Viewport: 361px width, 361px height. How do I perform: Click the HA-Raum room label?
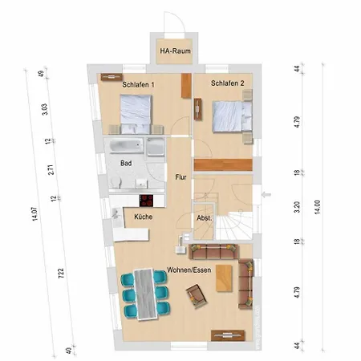coord(176,51)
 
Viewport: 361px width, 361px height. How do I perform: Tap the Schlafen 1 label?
coord(138,85)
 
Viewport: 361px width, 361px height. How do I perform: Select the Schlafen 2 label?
coord(228,83)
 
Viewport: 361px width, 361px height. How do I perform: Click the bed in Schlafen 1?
coord(136,114)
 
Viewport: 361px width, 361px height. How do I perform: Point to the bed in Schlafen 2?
coord(232,116)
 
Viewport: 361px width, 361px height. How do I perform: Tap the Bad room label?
coord(126,163)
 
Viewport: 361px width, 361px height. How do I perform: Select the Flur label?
coord(180,177)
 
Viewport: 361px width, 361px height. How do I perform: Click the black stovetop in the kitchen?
coord(146,201)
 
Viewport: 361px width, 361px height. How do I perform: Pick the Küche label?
coord(144,217)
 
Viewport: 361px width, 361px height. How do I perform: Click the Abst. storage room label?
coord(205,218)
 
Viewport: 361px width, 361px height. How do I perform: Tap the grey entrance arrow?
coord(266,195)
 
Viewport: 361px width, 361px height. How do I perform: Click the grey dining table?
coord(146,294)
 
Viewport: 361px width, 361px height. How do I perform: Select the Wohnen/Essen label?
coord(189,270)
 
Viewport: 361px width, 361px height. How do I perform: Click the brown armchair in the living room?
coord(197,296)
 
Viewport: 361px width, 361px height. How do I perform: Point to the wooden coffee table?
coord(224,278)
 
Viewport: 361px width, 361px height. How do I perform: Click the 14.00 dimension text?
coord(318,207)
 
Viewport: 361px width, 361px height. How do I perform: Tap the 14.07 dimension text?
coord(35,214)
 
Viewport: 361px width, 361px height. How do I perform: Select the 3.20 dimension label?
coord(297,207)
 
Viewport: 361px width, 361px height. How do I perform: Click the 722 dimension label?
coord(61,274)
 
